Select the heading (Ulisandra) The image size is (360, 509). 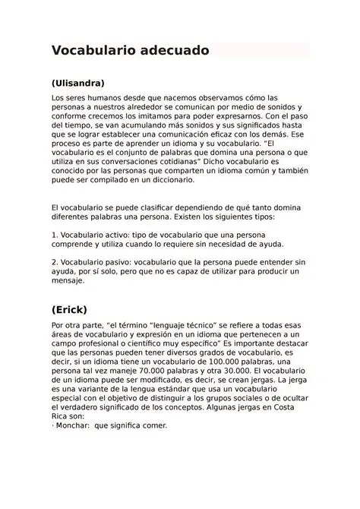coord(77,83)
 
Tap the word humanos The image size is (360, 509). coord(103,99)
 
